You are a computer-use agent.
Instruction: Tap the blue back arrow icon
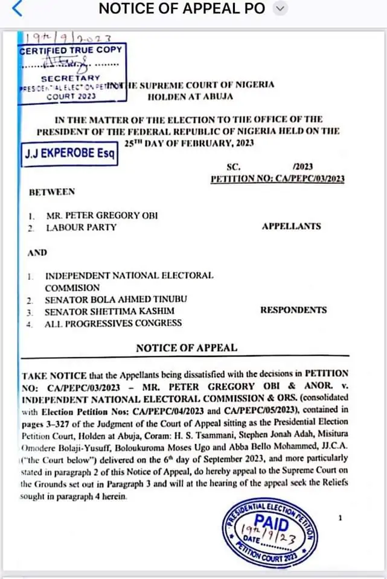[16, 9]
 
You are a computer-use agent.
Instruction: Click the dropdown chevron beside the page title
[280, 8]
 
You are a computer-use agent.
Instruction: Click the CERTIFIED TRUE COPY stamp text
[71, 50]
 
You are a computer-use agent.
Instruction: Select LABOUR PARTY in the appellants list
[80, 227]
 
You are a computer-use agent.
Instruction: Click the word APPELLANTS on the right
[291, 227]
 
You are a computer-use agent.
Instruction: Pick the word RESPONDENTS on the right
[293, 310]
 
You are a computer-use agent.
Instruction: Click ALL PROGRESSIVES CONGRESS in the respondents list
[113, 323]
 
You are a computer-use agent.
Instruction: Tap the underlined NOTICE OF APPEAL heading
[186, 347]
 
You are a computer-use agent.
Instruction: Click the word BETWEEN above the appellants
[52, 192]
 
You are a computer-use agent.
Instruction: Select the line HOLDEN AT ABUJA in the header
[190, 96]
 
